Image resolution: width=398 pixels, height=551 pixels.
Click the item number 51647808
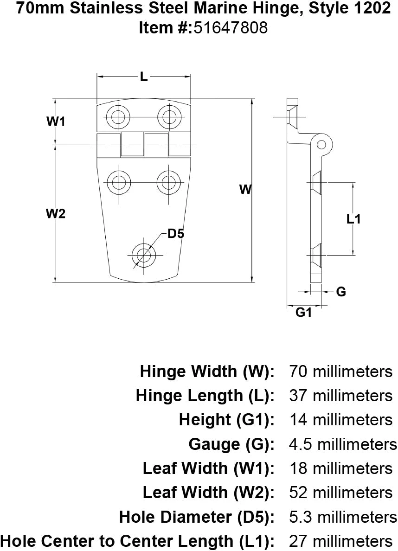[x=230, y=28]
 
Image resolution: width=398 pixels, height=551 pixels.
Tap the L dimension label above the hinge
[x=144, y=78]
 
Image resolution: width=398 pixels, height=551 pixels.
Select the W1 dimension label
[x=56, y=122]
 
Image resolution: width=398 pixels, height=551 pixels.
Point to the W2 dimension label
[x=56, y=214]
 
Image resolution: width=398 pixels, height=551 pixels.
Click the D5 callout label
[x=176, y=234]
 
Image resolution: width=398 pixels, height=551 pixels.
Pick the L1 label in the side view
[x=353, y=219]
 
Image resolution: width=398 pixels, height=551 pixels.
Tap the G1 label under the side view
[x=303, y=313]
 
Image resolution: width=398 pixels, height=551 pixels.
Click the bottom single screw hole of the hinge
[x=144, y=255]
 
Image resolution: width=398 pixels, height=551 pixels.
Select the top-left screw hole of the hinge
[x=118, y=116]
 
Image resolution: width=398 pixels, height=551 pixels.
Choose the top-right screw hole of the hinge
[x=169, y=116]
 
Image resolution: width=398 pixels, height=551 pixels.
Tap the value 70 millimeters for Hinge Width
[x=340, y=372]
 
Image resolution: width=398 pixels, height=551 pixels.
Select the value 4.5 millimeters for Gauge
[x=343, y=444]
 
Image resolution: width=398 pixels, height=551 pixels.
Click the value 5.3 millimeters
[x=343, y=517]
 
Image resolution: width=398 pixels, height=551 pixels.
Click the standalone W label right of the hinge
[x=245, y=189]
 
